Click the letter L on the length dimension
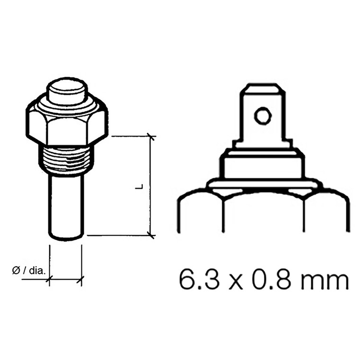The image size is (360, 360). coord(140,187)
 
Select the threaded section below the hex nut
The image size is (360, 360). coord(66,158)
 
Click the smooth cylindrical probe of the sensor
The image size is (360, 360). coord(66,204)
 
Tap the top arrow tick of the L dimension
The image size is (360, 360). coord(151,137)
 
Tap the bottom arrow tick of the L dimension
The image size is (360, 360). coord(151,234)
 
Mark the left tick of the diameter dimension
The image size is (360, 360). coord(49,280)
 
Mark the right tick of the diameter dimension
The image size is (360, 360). coord(82,280)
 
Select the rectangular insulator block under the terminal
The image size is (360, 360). coord(262,166)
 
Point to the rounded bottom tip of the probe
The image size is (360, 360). coord(66,236)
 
